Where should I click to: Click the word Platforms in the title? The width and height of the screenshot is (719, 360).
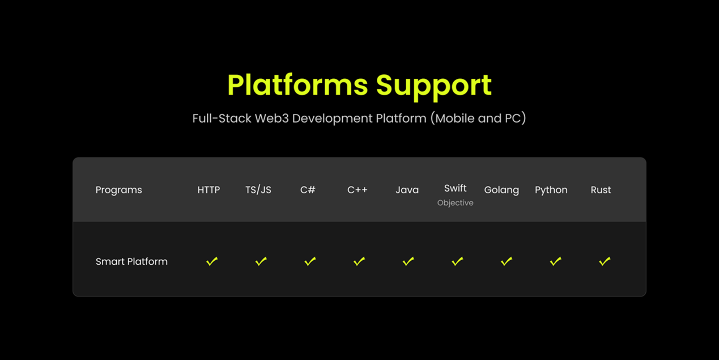coord(297,85)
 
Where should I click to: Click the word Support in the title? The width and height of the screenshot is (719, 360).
coord(433,87)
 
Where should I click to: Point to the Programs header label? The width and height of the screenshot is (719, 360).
coord(119,190)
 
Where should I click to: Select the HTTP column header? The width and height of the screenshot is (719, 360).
coord(209,190)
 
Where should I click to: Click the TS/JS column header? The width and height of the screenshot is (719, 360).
coord(258,190)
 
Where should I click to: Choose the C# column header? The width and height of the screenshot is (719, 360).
coord(308,190)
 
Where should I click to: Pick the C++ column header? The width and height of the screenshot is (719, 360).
coord(358,190)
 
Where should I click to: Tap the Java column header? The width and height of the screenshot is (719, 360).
coord(407,190)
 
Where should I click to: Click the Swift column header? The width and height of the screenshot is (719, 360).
coord(455,188)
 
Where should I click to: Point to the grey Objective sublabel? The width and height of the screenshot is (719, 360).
coord(455,203)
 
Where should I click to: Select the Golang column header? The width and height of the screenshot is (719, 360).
coord(501,190)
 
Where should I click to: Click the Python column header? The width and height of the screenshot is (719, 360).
coord(551,190)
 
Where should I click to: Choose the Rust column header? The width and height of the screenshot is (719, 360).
coord(601,190)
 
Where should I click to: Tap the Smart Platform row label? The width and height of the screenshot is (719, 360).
coord(131,262)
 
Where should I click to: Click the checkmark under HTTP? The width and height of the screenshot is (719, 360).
coord(212,261)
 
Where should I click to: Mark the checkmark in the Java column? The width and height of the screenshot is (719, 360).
coord(409,261)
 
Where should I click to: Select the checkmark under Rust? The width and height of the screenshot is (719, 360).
coord(605,261)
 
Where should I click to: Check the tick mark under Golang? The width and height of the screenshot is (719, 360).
coord(507,261)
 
